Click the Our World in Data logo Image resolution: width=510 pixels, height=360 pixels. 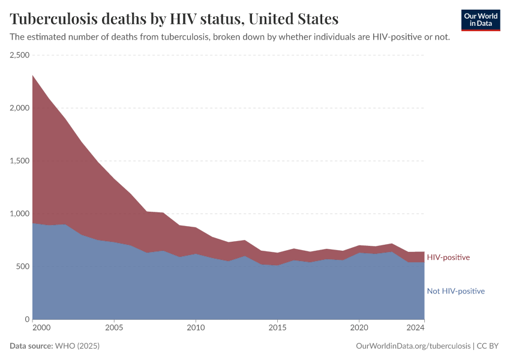480,20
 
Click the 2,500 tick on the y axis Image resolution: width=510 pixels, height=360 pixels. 20,55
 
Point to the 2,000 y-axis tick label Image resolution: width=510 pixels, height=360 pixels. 20,108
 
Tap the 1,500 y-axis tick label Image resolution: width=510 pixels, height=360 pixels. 20,161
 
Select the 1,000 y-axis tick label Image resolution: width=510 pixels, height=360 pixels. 20,214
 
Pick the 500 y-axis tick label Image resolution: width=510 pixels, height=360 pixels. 23,266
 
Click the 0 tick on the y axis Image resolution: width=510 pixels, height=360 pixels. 27,319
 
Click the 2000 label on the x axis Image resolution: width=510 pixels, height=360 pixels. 41,328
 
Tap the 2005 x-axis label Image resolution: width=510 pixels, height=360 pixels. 114,328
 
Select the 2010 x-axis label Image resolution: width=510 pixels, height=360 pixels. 196,328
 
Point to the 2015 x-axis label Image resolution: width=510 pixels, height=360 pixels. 277,328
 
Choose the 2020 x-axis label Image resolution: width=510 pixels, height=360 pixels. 359,328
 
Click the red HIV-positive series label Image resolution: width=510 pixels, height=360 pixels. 448,257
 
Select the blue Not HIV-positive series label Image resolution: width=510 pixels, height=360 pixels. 455,292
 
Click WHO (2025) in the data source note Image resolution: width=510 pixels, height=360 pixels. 77,346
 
